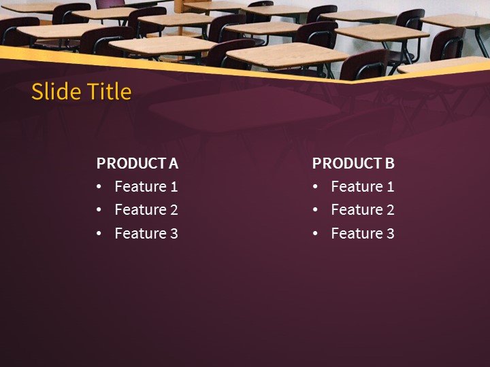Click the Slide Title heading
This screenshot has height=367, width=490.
[x=82, y=92]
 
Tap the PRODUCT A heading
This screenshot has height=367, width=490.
[x=137, y=163]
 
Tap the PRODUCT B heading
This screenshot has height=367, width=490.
[x=353, y=163]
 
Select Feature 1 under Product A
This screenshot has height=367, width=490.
[x=146, y=187]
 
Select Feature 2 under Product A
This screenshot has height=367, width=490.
[x=146, y=210]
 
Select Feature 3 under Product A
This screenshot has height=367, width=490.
[x=146, y=234]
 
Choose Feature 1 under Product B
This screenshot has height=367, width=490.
[x=362, y=187]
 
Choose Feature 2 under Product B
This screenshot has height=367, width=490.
[x=362, y=210]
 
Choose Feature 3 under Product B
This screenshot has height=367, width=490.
[x=362, y=234]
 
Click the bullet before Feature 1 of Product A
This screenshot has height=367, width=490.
[x=99, y=187]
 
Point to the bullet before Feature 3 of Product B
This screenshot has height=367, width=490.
[x=315, y=234]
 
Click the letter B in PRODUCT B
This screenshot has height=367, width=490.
[x=390, y=163]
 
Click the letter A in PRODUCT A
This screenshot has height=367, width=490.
[x=174, y=163]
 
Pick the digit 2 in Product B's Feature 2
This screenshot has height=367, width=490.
[x=390, y=210]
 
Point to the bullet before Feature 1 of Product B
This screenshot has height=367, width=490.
[x=315, y=187]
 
